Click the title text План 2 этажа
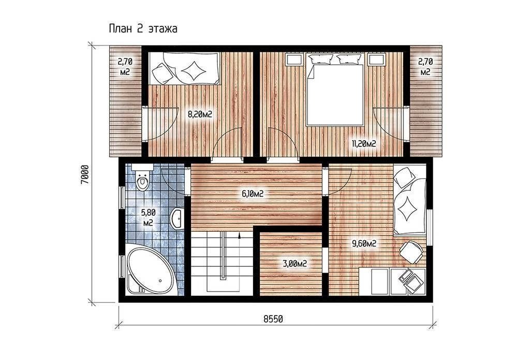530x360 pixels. (143, 28)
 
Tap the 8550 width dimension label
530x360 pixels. (273, 319)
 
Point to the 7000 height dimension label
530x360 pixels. (85, 174)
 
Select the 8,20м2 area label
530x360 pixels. (200, 114)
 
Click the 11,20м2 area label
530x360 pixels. (364, 144)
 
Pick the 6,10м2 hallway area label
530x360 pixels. (253, 194)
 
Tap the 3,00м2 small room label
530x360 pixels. (295, 264)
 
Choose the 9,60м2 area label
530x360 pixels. (364, 244)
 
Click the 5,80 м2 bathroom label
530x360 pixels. (148, 218)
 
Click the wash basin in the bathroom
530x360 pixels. (177, 218)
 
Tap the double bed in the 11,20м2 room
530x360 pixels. (335, 90)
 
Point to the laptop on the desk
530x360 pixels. (409, 278)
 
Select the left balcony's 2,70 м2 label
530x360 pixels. (125, 67)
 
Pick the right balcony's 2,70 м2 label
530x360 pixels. (425, 67)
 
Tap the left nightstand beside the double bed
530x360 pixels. (294, 60)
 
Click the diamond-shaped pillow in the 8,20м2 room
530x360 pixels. (194, 71)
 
